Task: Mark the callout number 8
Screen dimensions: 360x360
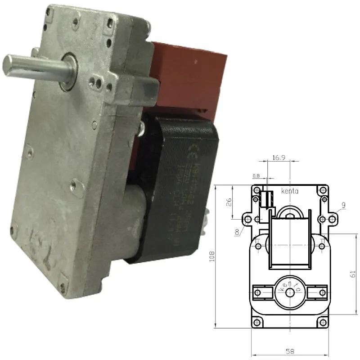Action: point(237,233)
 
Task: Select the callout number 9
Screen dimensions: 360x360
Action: point(344,206)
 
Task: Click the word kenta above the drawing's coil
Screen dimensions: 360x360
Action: point(290,191)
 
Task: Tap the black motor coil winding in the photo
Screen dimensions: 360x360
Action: point(180,189)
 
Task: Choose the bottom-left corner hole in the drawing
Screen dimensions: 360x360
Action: point(257,322)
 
